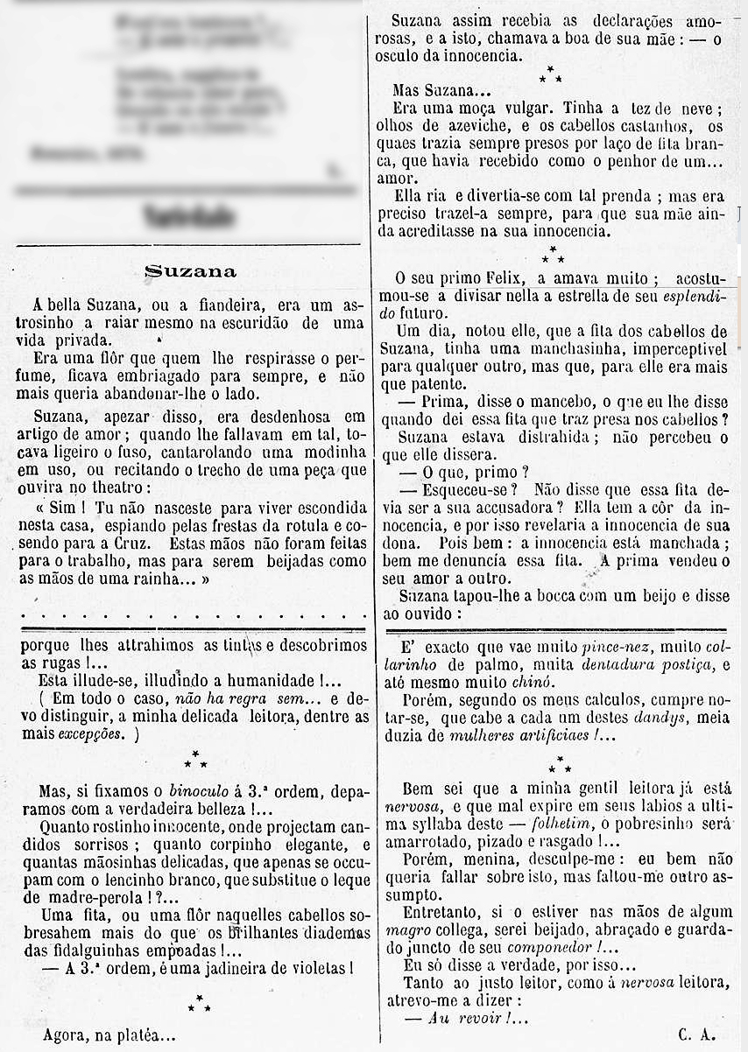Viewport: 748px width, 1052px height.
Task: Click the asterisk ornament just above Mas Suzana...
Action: point(551,76)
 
